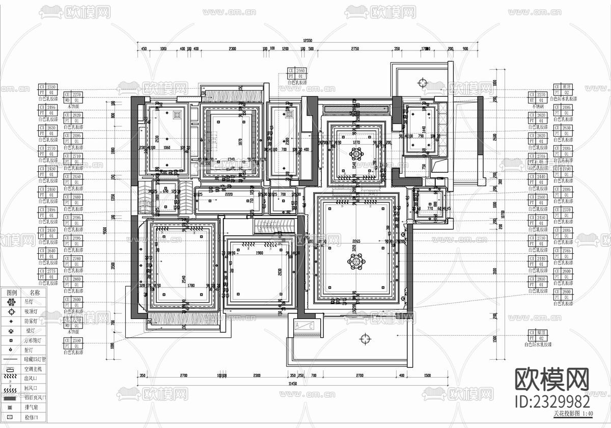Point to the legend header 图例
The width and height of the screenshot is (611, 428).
[11, 292]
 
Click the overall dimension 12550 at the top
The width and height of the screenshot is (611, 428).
[307, 40]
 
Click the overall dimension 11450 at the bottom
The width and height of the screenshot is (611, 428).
[292, 383]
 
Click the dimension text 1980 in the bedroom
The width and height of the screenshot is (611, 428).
[260, 253]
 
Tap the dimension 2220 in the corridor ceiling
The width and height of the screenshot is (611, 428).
[229, 194]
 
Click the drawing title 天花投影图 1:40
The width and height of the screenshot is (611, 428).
[573, 414]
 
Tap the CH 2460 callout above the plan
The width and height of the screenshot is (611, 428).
[297, 71]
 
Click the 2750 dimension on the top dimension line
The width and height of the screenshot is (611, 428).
[355, 49]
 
